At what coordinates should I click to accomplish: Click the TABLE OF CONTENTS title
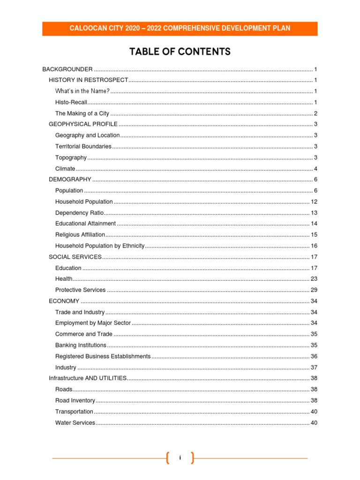coord(180,52)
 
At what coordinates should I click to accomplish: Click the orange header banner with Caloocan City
coord(180,29)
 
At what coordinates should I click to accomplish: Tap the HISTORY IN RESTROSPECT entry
coord(88,80)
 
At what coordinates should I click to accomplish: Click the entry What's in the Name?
coord(82,91)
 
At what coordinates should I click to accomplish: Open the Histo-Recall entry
coord(71,102)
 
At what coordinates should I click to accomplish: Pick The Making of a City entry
coord(82,113)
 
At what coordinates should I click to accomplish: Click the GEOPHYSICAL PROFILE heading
coord(83,124)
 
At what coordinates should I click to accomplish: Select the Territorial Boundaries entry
coord(83,146)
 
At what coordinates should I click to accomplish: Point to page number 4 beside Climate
coord(316,169)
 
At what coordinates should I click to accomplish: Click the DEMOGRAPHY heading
coord(70,180)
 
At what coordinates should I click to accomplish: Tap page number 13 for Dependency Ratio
coord(314,213)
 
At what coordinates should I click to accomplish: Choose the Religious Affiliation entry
coord(80,235)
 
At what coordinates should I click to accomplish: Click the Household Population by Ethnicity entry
coord(100,246)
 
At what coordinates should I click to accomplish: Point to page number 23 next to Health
coord(314,279)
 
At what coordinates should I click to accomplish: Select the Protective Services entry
coord(80,290)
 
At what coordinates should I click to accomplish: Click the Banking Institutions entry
coord(81,345)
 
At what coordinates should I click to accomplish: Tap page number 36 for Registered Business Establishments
coord(314,356)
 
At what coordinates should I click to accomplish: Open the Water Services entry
coord(75,423)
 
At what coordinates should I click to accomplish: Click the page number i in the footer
coord(180,458)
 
